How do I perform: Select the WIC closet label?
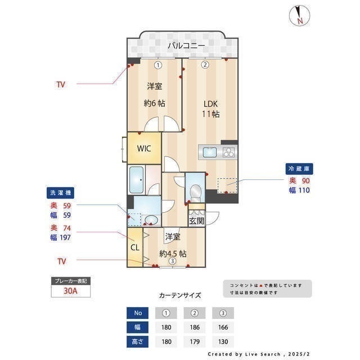click(144, 149)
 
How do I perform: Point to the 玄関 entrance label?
click(196, 220)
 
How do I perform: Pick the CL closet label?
click(135, 247)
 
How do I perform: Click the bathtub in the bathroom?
click(137, 180)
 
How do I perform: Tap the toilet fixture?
click(195, 191)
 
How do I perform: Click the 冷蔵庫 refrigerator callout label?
click(299, 169)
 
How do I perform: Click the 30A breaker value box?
click(70, 292)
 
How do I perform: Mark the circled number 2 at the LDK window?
click(205, 65)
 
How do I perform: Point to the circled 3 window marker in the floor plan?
click(172, 260)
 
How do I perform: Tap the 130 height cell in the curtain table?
click(222, 341)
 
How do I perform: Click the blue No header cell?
click(139, 313)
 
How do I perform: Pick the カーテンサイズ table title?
click(180, 295)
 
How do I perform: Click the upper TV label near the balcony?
click(60, 84)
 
